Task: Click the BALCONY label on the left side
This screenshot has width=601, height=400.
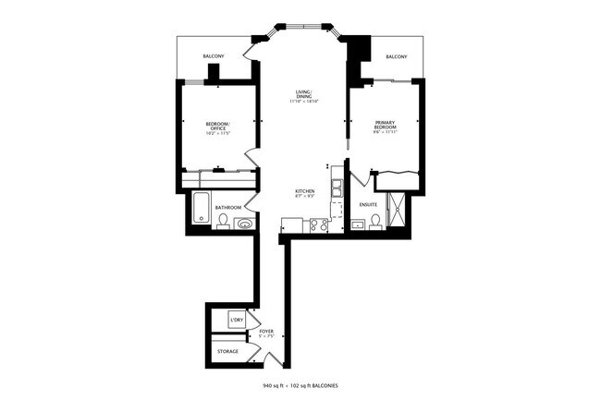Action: click(214, 57)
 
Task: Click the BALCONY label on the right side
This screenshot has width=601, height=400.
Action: click(397, 57)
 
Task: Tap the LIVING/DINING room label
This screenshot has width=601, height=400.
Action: click(303, 96)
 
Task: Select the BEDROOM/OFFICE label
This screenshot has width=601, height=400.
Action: click(217, 128)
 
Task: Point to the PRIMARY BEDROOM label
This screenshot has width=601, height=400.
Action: click(385, 127)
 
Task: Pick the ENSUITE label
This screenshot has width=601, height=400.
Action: click(368, 207)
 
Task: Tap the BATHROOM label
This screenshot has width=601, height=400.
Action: click(228, 207)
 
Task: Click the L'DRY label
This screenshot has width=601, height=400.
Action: click(237, 321)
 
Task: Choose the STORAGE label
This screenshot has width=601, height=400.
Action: click(227, 351)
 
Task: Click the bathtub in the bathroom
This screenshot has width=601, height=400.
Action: click(202, 207)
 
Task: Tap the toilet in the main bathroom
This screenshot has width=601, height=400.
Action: click(224, 221)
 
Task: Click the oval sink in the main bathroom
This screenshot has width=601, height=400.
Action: click(245, 223)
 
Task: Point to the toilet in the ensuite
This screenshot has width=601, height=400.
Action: click(375, 220)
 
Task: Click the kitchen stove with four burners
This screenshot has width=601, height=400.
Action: click(318, 224)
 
